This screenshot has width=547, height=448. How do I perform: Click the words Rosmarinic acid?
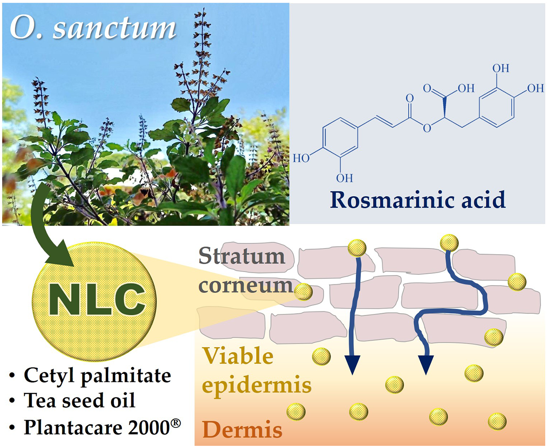click(417, 200)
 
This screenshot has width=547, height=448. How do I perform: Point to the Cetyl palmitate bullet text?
click(97, 375)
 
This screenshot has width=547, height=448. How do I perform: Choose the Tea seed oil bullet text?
click(80, 400)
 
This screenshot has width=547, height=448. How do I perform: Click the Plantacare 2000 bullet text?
click(96, 427)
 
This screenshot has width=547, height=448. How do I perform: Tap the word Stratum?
click(241, 256)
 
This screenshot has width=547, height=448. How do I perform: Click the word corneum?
click(245, 285)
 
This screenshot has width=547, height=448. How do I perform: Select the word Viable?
click(238, 356)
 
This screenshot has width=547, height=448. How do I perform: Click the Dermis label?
click(242, 429)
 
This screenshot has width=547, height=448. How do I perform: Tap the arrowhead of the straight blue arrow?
click(352, 365)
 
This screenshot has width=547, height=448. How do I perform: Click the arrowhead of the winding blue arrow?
click(426, 365)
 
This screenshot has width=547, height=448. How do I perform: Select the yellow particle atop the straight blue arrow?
click(357, 248)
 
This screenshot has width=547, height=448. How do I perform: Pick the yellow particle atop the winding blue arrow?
click(449, 243)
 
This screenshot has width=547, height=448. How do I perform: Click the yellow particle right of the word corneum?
click(303, 291)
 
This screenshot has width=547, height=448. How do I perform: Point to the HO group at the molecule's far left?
click(301, 158)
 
